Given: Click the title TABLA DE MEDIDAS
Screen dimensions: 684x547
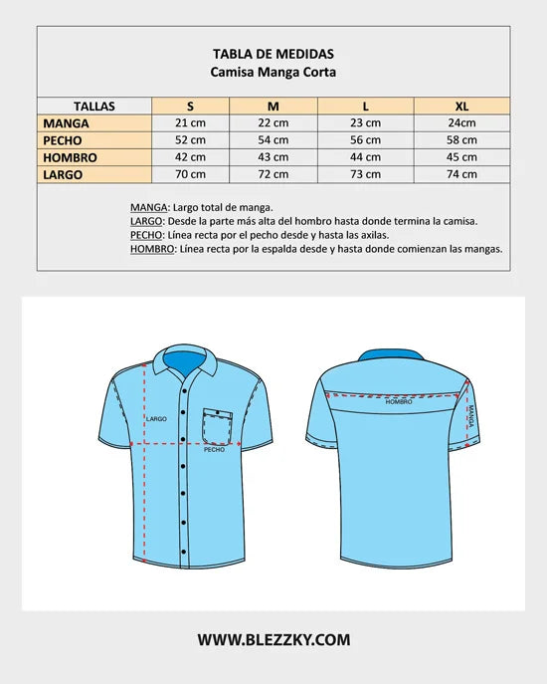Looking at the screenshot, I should click(273, 54).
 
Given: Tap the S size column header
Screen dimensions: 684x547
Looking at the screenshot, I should click(190, 106).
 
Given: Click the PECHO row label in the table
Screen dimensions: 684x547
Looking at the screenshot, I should click(63, 140).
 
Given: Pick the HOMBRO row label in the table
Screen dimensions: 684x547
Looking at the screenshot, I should click(70, 157).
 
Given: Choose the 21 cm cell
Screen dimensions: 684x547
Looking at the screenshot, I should click(190, 123).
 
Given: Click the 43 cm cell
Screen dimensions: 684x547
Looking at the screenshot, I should click(273, 157).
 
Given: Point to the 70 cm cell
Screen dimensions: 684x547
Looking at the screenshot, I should click(190, 174).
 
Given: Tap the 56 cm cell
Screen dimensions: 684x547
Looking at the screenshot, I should click(365, 140).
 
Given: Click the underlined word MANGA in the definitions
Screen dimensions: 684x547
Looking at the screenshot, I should click(150, 207).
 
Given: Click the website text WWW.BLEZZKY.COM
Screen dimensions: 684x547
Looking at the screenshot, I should click(273, 640).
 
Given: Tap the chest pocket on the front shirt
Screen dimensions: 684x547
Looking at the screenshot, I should click(218, 425).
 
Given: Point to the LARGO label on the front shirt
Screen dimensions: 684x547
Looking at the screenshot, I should click(156, 419).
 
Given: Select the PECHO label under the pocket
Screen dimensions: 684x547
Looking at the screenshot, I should click(214, 450).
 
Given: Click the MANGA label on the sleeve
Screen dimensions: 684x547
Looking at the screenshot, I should click(471, 415).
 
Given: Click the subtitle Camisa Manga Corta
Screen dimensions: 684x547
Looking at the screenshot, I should click(273, 72).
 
